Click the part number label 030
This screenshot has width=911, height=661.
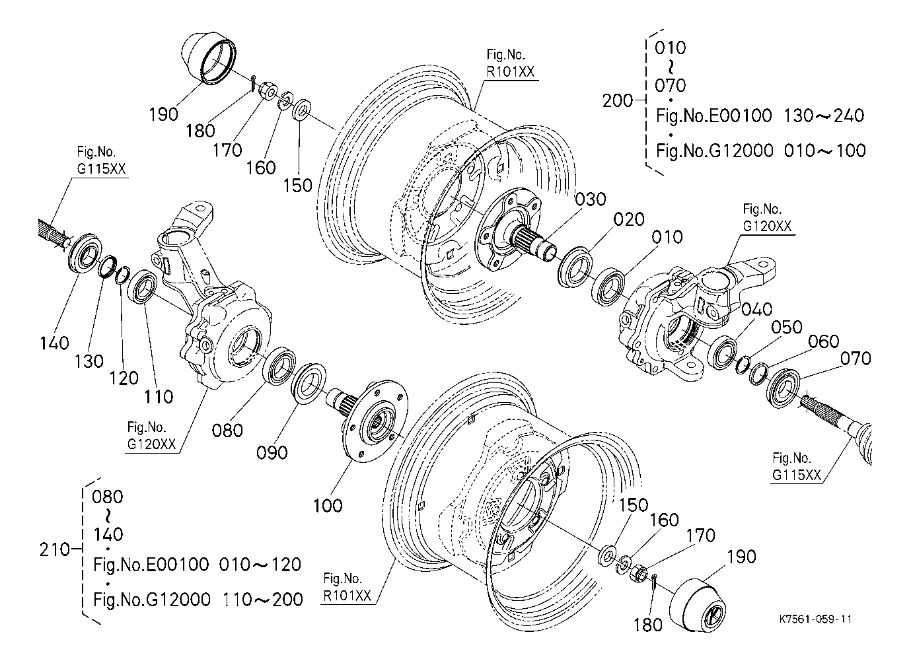(x=591, y=199)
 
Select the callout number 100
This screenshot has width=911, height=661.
(x=328, y=505)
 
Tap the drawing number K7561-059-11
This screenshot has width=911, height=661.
(x=815, y=619)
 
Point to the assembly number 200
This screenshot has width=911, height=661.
(x=618, y=101)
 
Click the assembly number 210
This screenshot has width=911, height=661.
(x=55, y=549)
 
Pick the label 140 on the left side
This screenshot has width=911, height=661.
(x=54, y=343)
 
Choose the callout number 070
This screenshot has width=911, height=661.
(x=856, y=359)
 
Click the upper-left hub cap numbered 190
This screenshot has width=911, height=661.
(x=208, y=58)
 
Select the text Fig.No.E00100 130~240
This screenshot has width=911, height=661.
(x=760, y=116)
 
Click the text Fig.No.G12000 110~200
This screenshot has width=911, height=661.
(x=198, y=600)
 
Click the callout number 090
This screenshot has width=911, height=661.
(x=272, y=452)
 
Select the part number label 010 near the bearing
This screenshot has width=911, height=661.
(x=667, y=237)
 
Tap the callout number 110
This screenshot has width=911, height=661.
(x=159, y=396)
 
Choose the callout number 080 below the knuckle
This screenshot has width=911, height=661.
(x=228, y=431)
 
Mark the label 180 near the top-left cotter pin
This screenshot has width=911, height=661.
(x=200, y=131)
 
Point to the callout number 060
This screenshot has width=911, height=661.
(x=823, y=341)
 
